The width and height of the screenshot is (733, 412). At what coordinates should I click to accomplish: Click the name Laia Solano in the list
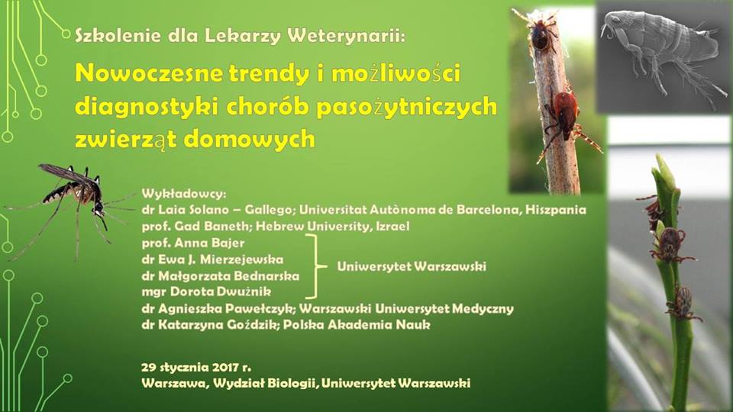[x=193, y=210]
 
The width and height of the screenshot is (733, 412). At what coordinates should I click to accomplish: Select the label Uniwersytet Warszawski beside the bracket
[x=412, y=266]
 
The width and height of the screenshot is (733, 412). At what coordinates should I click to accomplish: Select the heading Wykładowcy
[x=184, y=193]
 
